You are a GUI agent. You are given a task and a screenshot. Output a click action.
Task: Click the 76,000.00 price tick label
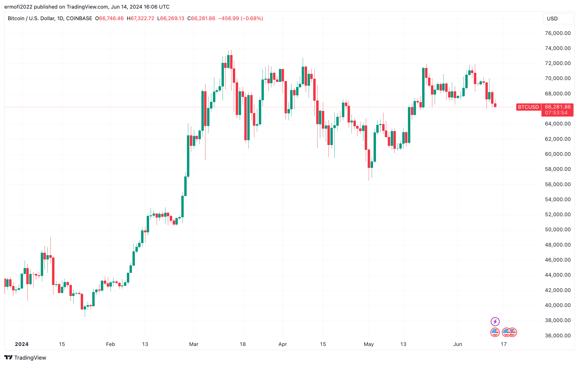coord(558,33)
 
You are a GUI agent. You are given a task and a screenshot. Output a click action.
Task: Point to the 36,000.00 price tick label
coord(558,335)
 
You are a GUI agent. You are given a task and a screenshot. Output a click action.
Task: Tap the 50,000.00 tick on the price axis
coord(558,230)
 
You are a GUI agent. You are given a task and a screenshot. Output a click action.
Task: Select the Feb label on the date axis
coord(110,344)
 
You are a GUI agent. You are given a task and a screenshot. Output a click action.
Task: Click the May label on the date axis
coord(368,344)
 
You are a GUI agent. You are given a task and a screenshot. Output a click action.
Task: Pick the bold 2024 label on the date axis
coord(22,344)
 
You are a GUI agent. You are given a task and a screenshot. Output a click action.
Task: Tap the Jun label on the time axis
coord(458,344)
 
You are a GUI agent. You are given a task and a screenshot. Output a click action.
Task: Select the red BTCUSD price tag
coord(528,107)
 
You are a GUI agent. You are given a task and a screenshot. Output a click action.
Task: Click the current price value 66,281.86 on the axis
coord(558,107)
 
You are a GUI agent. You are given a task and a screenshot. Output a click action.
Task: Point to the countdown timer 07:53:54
coord(556,113)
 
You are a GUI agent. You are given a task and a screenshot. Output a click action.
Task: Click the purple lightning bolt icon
coord(495,321)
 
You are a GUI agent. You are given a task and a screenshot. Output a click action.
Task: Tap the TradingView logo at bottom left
coord(25,357)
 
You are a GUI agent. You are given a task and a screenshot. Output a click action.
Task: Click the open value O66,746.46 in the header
coord(109,19)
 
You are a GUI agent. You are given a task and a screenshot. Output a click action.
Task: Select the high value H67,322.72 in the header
coord(141,19)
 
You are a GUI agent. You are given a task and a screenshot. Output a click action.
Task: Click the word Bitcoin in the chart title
coord(16,19)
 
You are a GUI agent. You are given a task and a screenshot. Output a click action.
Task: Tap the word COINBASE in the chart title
coord(79,19)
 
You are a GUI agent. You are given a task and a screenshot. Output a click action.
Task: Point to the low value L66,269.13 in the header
coord(171,19)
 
